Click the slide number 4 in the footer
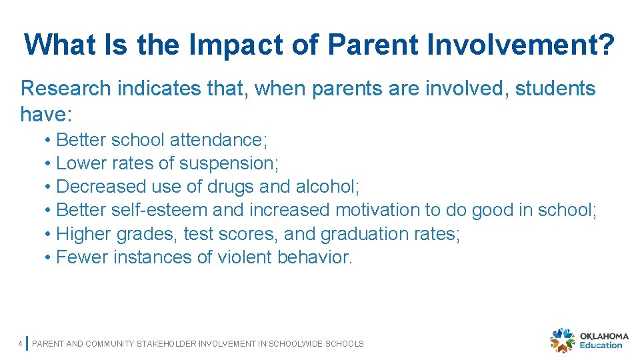(x=21, y=344)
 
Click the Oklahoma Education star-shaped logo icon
(x=562, y=341)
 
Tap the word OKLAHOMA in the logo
(x=604, y=336)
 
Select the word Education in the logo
(x=601, y=345)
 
